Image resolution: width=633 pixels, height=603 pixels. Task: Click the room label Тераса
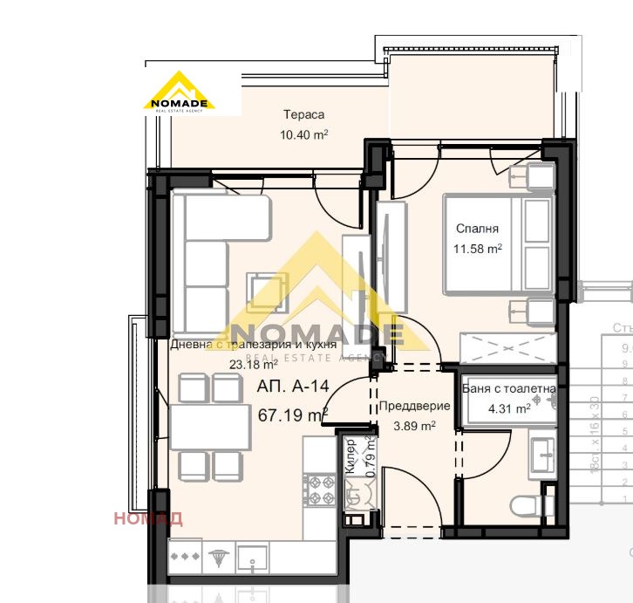coord(303,114)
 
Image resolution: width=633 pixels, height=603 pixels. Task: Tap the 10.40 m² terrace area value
coord(303,134)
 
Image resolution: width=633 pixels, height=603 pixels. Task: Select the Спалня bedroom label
coord(477,230)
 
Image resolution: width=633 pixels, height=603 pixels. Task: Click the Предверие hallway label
coord(414,406)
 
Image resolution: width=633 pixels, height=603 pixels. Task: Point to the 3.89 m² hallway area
coord(414,425)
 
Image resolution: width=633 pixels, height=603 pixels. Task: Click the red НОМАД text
coord(148,518)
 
